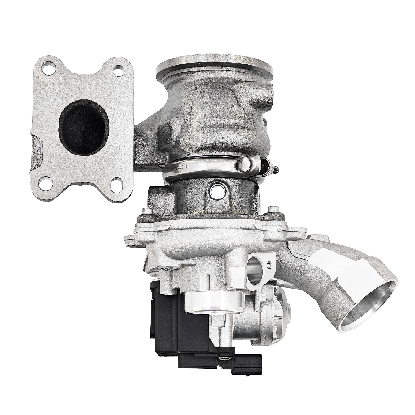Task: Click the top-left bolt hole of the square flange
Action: coord(46,67)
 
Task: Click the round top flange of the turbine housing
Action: coord(214,64)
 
